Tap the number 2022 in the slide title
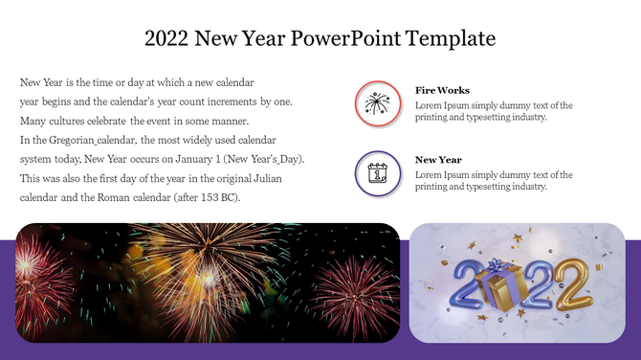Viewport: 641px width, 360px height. [x=166, y=39]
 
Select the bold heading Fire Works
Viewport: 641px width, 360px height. [x=442, y=90]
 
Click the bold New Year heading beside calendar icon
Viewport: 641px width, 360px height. [x=438, y=160]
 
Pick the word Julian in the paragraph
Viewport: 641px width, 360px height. [x=269, y=178]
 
